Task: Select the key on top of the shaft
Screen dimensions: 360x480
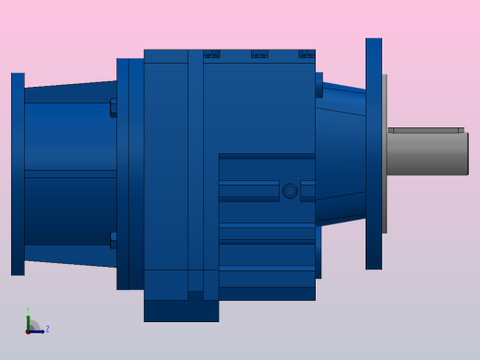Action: [425, 130]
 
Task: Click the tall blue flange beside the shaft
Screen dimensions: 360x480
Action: [373, 153]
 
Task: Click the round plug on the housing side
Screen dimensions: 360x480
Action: [290, 191]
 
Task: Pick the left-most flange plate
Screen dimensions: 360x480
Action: [18, 174]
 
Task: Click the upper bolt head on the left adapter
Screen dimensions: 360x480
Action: [114, 107]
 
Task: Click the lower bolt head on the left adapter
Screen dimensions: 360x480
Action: [114, 240]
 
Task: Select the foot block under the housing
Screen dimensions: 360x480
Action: [181, 309]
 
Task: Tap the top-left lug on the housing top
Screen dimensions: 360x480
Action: [211, 54]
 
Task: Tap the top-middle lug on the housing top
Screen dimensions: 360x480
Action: [259, 54]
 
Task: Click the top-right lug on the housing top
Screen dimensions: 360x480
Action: [306, 54]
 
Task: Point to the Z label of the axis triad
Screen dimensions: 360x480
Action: [47, 329]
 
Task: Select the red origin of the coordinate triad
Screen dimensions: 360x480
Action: [28, 330]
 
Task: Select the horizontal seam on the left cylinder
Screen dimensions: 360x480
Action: [70, 174]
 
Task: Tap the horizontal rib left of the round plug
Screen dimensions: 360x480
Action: [248, 191]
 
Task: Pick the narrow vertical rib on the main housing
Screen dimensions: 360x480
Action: [196, 166]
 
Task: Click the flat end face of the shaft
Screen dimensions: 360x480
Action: [467, 154]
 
